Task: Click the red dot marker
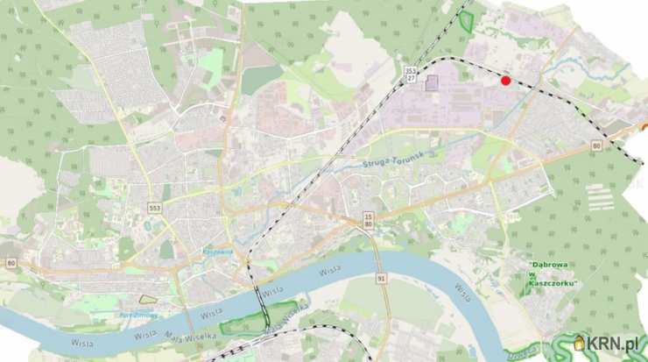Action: (x=505, y=81)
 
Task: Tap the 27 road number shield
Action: (x=411, y=79)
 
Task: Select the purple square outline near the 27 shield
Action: (x=432, y=83)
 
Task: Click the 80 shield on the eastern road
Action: (x=595, y=146)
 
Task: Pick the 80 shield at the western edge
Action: (x=11, y=262)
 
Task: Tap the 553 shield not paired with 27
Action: (x=154, y=208)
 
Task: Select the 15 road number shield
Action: (x=369, y=216)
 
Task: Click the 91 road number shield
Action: (x=382, y=278)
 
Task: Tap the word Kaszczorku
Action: (x=556, y=282)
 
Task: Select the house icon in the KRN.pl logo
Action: (x=579, y=343)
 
